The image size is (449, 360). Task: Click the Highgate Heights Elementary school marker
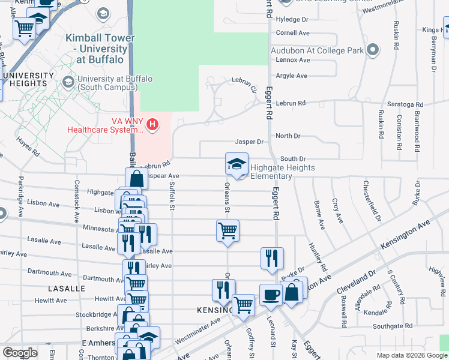click(x=237, y=164)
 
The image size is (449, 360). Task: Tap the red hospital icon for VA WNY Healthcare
click(x=153, y=125)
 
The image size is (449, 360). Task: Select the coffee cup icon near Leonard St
click(x=271, y=295)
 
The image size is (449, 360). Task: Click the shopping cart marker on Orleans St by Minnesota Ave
click(x=228, y=231)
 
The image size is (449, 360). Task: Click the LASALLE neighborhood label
click(x=68, y=289)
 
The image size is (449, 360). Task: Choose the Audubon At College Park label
click(x=317, y=50)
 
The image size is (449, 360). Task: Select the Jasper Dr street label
click(x=249, y=142)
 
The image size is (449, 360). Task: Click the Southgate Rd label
click(x=390, y=326)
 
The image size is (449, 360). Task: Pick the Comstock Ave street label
click(x=76, y=198)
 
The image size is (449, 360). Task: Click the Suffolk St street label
click(x=172, y=196)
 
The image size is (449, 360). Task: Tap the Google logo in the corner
click(x=20, y=353)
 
